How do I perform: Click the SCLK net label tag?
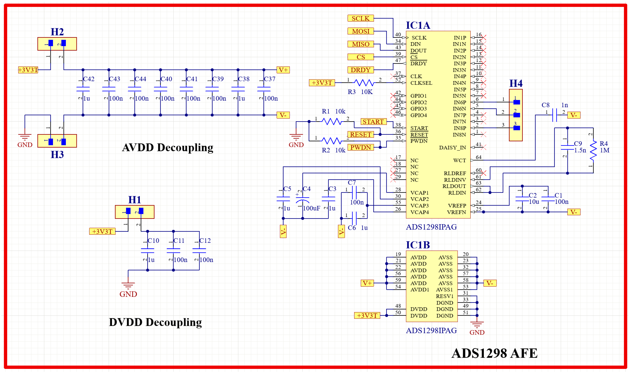click(360, 18)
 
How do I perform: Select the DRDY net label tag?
click(360, 70)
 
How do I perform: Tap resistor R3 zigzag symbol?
click(364, 82)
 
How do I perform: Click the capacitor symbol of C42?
click(83, 89)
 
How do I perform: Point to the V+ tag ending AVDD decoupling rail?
click(283, 70)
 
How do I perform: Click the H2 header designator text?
click(57, 32)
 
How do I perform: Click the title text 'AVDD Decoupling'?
click(168, 148)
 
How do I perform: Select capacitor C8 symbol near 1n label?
click(554, 115)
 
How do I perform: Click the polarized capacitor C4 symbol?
click(303, 200)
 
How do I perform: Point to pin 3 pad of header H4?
click(517, 128)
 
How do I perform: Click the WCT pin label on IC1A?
click(459, 160)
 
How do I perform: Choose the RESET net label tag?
click(360, 134)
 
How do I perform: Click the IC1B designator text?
click(418, 245)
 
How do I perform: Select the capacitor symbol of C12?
click(199, 251)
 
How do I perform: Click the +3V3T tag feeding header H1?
click(102, 231)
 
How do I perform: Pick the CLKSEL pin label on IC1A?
click(421, 83)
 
